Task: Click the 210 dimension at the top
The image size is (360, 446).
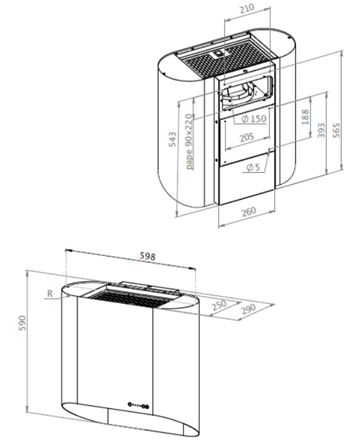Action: [x=247, y=9]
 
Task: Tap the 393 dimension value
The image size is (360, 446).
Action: [x=321, y=130]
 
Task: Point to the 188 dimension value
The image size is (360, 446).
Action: [x=305, y=118]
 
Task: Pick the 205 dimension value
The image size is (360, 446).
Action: [x=246, y=137]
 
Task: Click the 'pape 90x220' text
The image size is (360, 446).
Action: [x=189, y=141]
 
